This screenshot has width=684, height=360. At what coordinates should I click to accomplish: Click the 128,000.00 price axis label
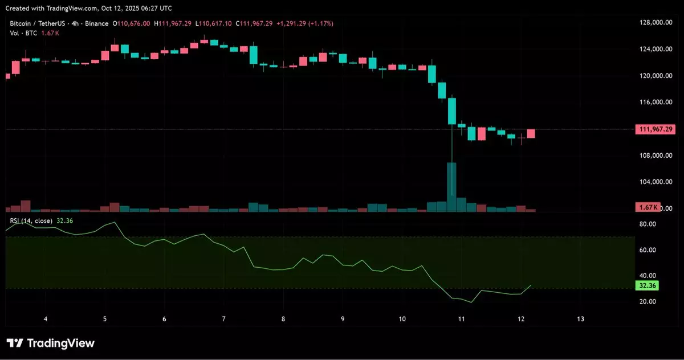pyautogui.click(x=653, y=23)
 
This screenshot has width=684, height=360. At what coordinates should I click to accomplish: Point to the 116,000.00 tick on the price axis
pyautogui.click(x=653, y=103)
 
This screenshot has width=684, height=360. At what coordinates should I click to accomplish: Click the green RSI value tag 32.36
pyautogui.click(x=647, y=285)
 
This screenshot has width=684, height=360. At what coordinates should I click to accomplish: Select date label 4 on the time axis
pyautogui.click(x=46, y=319)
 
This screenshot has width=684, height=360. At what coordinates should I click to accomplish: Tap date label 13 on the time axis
pyautogui.click(x=581, y=319)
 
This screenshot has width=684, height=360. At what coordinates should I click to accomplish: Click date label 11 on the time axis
pyautogui.click(x=462, y=319)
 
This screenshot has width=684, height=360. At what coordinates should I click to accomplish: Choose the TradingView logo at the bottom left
pyautogui.click(x=50, y=343)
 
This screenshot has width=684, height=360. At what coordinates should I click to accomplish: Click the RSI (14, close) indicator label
pyautogui.click(x=31, y=220)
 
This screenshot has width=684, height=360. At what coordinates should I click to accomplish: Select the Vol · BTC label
pyautogui.click(x=23, y=34)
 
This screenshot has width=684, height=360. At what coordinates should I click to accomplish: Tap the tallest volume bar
pyautogui.click(x=451, y=187)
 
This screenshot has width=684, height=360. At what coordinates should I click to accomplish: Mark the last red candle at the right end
pyautogui.click(x=531, y=134)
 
